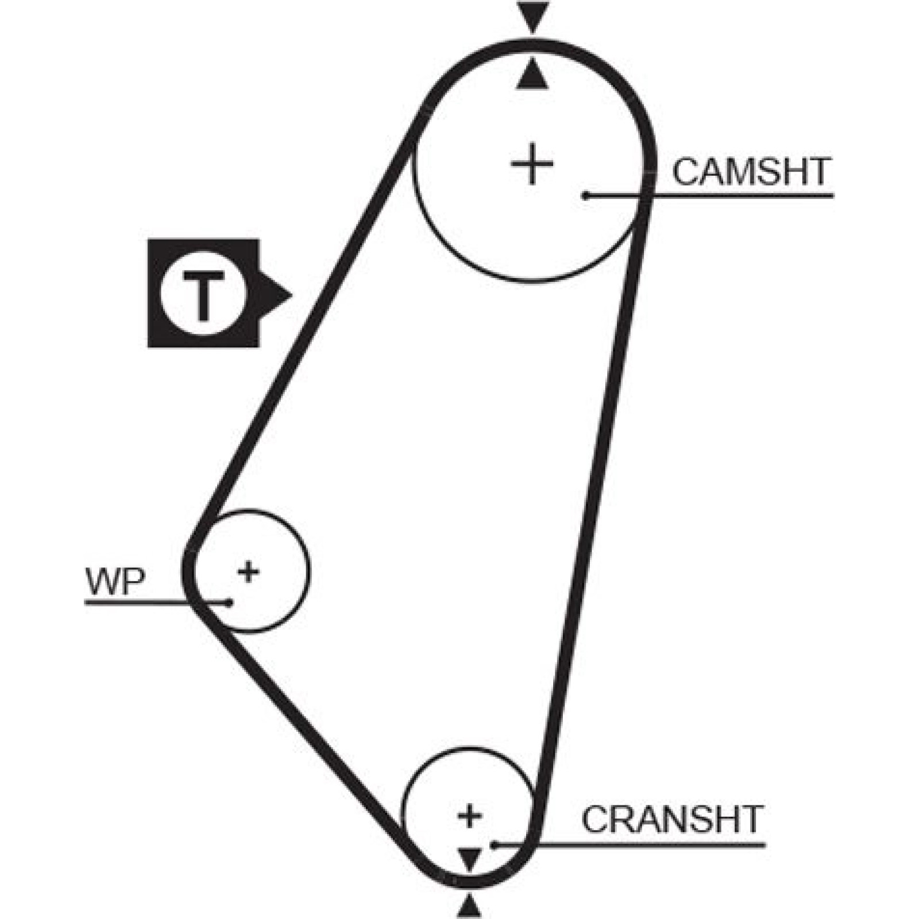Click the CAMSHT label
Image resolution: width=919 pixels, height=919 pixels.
pos(752,171)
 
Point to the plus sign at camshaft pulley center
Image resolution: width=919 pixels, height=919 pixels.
pos(532,165)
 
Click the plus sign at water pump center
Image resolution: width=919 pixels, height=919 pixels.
pos(248,572)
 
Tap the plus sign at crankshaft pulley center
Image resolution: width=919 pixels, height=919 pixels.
pos(470,816)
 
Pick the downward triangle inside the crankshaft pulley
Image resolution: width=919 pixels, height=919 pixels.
pos(470,859)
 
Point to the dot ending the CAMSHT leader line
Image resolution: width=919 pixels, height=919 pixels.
pos(585,196)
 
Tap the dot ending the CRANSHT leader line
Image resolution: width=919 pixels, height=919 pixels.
pos(492,845)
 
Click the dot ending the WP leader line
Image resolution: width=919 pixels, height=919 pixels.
pos(230,603)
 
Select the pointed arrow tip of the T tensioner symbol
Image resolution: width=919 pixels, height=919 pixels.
pos(292,296)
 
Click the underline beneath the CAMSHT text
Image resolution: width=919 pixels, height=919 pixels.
pos(709,196)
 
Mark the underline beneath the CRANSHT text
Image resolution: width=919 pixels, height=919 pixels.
pos(629,845)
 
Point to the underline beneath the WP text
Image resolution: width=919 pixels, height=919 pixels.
pos(157,603)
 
